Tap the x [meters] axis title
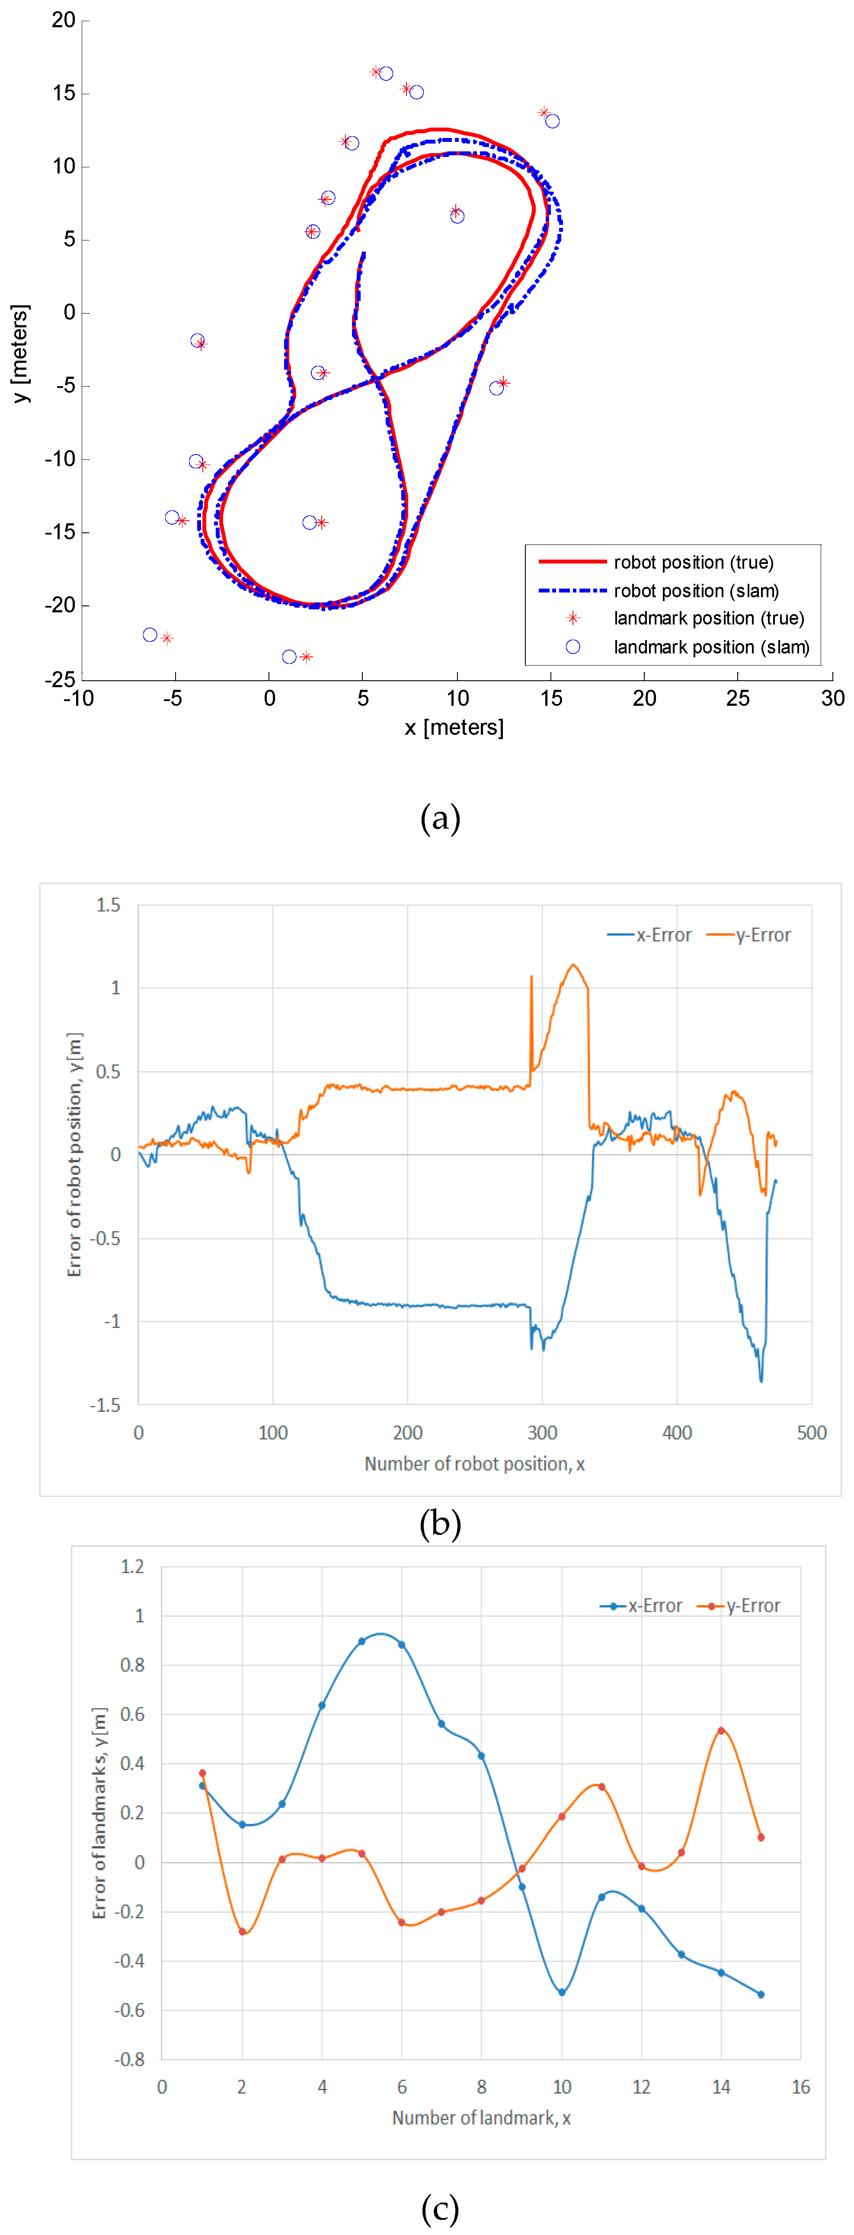[x=454, y=727]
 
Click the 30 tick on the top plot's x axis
[x=832, y=698]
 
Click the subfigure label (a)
[x=440, y=818]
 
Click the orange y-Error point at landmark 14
[x=721, y=1731]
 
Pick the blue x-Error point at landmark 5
[x=362, y=1642]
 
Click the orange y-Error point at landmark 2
[x=242, y=1932]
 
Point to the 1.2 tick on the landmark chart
[x=132, y=1567]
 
